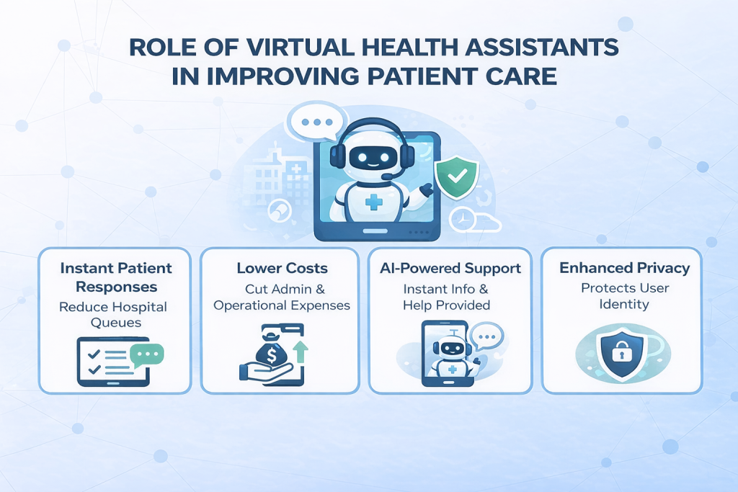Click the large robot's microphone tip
click(x=386, y=176)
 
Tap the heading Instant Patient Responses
click(x=116, y=277)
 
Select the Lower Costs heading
click(x=282, y=269)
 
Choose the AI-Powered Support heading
click(x=450, y=269)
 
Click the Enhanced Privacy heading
click(x=624, y=269)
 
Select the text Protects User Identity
click(x=624, y=296)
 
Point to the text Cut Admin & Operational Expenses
click(x=282, y=297)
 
